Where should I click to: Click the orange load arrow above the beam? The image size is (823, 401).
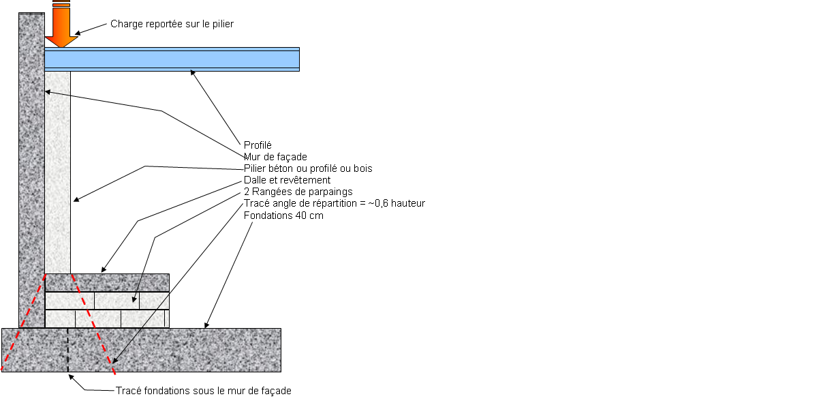click(x=61, y=27)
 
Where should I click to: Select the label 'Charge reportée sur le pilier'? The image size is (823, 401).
click(x=172, y=25)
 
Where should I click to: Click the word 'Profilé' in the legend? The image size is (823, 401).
click(x=258, y=145)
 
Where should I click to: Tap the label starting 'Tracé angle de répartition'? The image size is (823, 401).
click(x=334, y=203)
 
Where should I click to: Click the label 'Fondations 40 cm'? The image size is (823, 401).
click(x=283, y=216)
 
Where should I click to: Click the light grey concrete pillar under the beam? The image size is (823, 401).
click(x=58, y=170)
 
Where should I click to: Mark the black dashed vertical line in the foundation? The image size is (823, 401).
click(x=69, y=351)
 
